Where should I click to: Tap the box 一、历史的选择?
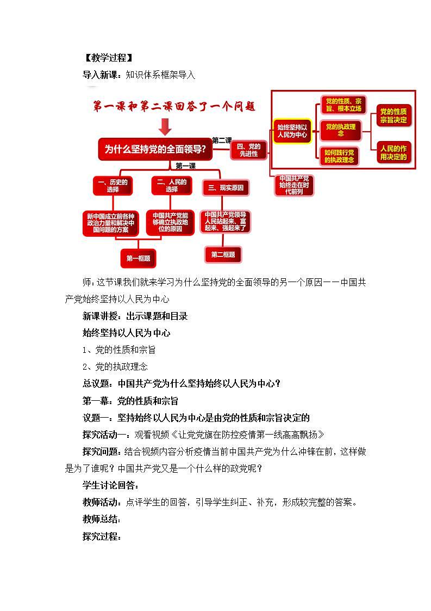click(x=113, y=186)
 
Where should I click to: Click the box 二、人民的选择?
click(x=172, y=186)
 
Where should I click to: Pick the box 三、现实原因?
click(x=226, y=188)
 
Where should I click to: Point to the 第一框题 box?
click(x=138, y=258)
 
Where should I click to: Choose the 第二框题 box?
click(x=223, y=254)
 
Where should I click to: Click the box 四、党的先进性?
click(x=249, y=150)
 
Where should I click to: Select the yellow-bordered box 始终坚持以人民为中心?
click(x=292, y=131)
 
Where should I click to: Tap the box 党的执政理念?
click(x=341, y=130)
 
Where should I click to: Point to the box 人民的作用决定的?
click(x=393, y=152)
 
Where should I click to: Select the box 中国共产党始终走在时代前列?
click(x=293, y=185)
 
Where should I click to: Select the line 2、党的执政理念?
click(x=115, y=366)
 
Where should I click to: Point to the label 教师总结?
click(x=102, y=519)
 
